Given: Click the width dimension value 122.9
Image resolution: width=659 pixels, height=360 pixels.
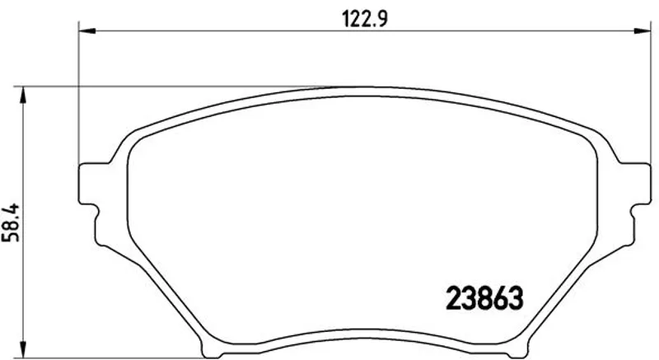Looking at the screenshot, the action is [x=365, y=19].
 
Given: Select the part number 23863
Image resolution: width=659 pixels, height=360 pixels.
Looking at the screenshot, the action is [x=484, y=298].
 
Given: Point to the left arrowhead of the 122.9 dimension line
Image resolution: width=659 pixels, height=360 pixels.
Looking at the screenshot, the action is [x=87, y=30].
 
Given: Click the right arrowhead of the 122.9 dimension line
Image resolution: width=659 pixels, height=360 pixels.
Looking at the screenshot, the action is [x=643, y=30].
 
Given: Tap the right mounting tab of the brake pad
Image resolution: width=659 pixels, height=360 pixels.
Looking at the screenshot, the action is [x=634, y=184].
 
